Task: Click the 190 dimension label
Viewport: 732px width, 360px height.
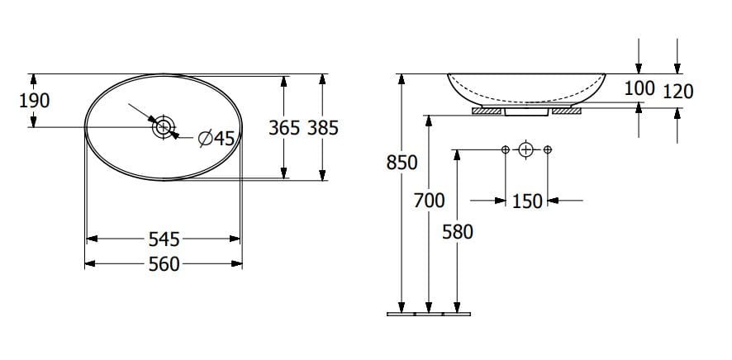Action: click(34, 101)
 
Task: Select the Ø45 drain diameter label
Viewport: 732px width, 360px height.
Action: click(216, 139)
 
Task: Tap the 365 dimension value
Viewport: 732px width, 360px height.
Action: click(284, 128)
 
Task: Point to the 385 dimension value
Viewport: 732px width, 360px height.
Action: click(322, 128)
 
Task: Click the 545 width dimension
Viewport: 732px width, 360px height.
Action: click(164, 239)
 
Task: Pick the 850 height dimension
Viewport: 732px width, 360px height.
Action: click(402, 163)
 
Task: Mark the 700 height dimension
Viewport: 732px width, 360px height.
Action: click(428, 200)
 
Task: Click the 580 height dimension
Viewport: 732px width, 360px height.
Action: click(457, 232)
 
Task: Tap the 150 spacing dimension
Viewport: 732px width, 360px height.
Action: click(528, 201)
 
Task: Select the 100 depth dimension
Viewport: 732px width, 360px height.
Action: click(639, 88)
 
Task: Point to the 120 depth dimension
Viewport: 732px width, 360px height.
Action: click(677, 91)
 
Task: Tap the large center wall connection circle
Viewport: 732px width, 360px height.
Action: click(526, 149)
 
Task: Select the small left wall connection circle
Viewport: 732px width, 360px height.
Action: click(505, 149)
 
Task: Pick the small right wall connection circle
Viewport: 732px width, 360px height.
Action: click(548, 149)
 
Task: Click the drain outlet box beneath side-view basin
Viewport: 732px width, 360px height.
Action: click(526, 111)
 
